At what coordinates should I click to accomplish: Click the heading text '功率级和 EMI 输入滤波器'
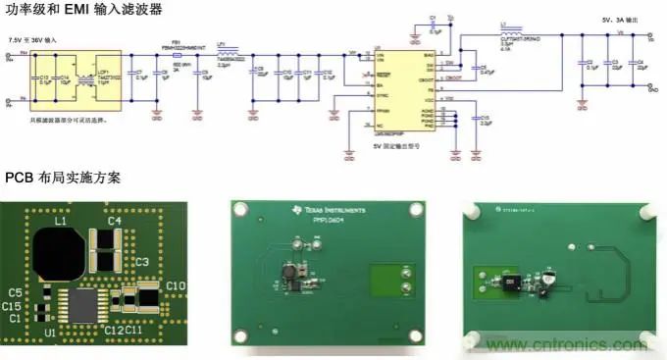tap(83, 9)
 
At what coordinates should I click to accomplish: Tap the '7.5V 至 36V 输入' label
tap(34, 38)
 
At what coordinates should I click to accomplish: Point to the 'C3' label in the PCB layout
tap(141, 262)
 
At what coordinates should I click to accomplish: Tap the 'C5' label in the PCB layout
tap(14, 293)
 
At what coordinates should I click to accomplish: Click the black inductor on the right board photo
tap(513, 284)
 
